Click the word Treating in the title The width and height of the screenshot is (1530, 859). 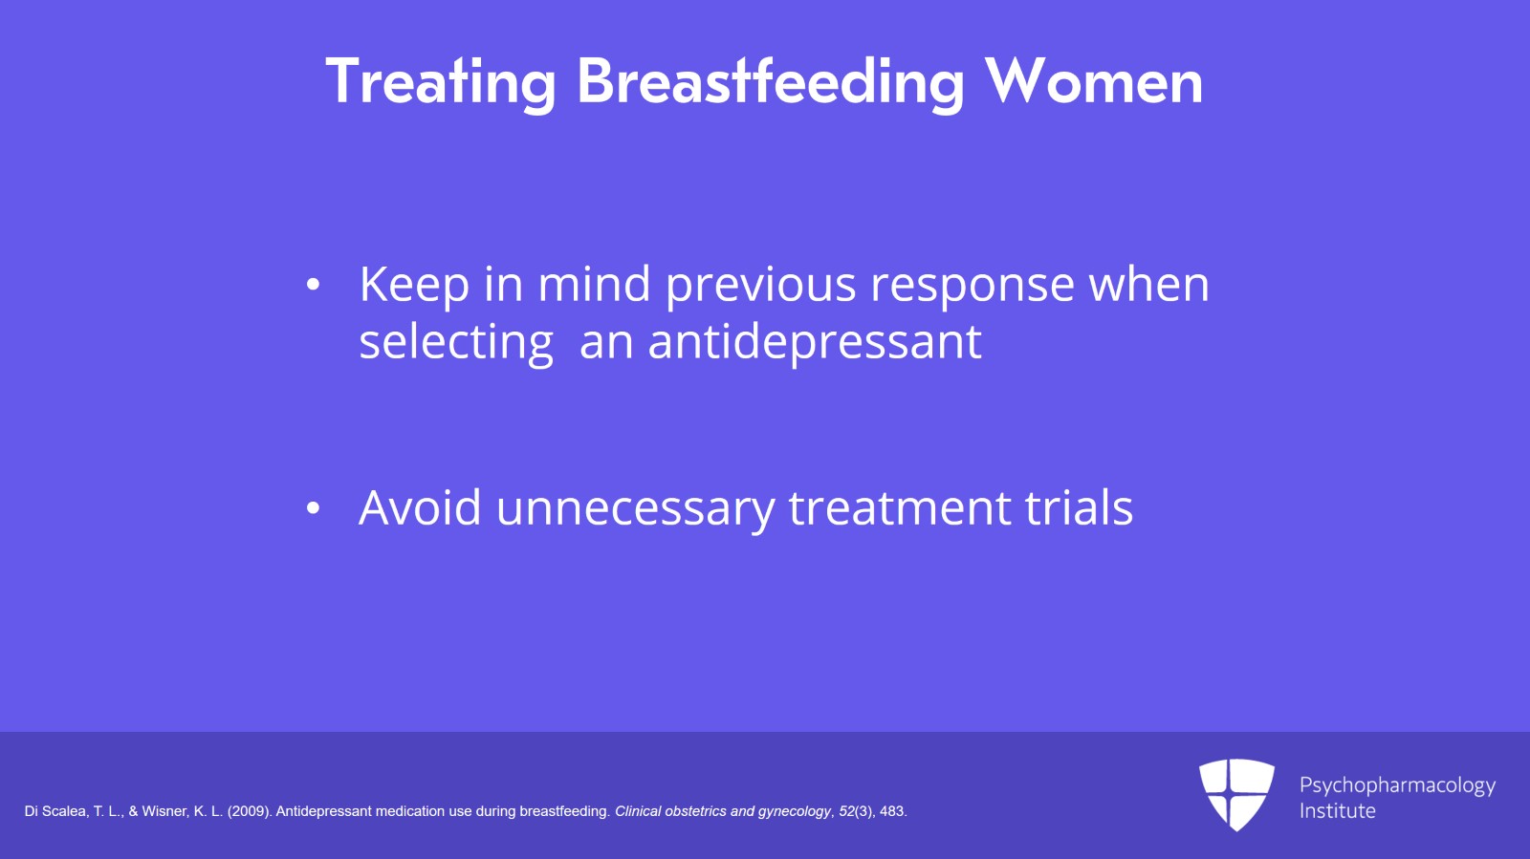(441, 82)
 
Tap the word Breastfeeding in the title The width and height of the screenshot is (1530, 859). (771, 82)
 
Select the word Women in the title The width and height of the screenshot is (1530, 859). (1094, 82)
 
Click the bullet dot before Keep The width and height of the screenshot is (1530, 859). (313, 285)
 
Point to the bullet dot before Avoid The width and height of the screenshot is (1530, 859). (313, 507)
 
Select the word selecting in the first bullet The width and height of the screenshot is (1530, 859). (456, 343)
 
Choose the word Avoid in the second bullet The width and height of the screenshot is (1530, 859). (420, 507)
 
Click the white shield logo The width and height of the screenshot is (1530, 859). (1237, 794)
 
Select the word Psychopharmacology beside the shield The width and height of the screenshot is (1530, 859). (1397, 786)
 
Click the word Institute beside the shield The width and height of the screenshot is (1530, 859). (1338, 811)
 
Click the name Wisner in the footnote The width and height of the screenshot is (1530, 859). (163, 811)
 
